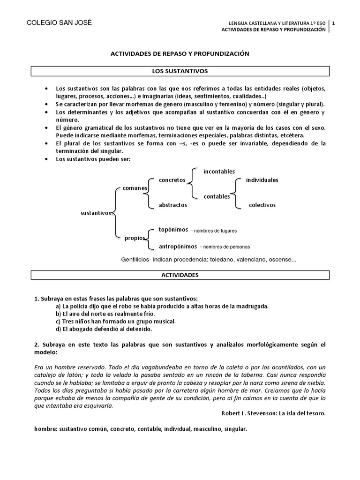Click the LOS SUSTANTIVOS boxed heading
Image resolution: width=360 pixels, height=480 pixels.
coord(180,71)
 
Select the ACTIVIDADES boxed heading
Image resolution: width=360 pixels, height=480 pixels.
coord(180,275)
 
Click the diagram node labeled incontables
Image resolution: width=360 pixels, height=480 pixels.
coord(219,172)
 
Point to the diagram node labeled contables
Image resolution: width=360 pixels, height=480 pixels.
coord(217,196)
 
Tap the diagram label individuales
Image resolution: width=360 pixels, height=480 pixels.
coord(262,180)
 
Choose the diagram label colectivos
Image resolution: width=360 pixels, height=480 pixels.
coord(262,205)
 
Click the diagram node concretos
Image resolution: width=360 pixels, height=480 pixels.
coord(172,180)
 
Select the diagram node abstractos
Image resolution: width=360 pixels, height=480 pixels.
coord(172,205)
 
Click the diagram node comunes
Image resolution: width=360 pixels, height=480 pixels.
coord(135,188)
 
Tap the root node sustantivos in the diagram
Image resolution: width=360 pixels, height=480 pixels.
coord(96,213)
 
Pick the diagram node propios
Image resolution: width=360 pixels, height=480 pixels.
coord(135,238)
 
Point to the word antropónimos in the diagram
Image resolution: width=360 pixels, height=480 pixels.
coord(178,246)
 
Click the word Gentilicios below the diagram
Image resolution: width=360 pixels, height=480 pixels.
coord(136,259)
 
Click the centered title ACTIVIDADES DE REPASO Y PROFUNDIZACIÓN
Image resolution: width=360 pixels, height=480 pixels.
coord(180,54)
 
